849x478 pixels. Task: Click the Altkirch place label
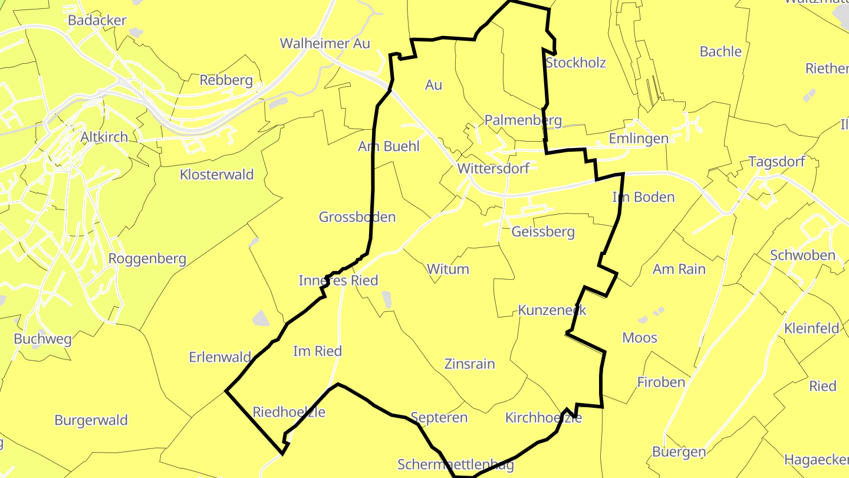pos(104,137)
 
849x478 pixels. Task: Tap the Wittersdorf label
pos(493,168)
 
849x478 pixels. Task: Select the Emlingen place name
pos(639,139)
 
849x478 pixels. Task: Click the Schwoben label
pos(802,256)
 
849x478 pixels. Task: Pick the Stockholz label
pos(576,63)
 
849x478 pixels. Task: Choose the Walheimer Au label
pos(325,44)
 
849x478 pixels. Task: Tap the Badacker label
pos(97,21)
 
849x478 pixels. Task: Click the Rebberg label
pos(226,80)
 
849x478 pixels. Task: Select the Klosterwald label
pos(217,175)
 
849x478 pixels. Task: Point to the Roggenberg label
pos(147,258)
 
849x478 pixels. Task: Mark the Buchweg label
pos(42,339)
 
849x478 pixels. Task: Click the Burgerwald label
pos(91,421)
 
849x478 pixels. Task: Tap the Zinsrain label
pos(470,364)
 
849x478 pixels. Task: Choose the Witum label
pos(448,270)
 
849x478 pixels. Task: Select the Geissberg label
pos(543,232)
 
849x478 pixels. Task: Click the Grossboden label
pos(357,217)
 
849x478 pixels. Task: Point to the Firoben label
pos(662,382)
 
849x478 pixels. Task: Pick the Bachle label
pos(720,52)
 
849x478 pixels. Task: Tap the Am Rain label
pos(679,270)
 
